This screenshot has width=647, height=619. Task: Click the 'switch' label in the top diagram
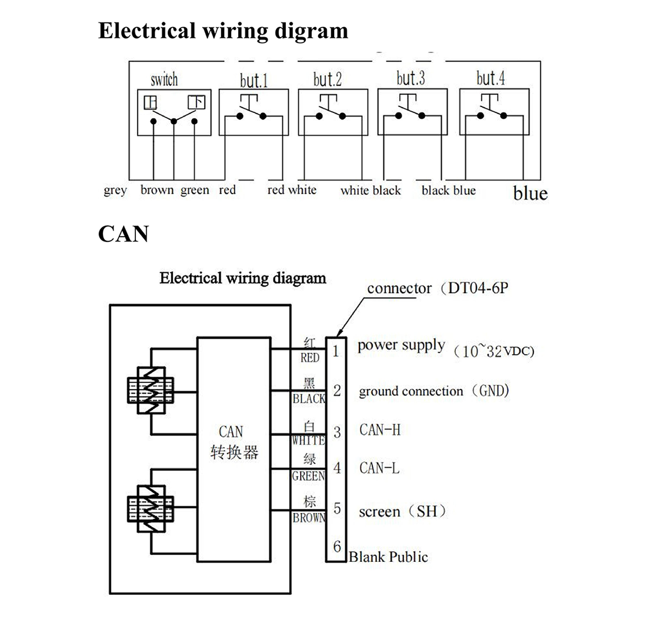tap(164, 79)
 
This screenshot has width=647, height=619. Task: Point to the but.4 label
tap(491, 78)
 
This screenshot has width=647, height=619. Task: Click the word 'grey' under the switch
tap(115, 191)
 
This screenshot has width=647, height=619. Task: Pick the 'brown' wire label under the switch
tap(157, 190)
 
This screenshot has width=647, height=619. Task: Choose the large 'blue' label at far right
tap(530, 193)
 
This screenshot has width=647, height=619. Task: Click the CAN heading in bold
tap(123, 234)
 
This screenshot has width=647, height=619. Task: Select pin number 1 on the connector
tap(336, 352)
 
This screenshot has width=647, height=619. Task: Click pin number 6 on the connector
tap(337, 547)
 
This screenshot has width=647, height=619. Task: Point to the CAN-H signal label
tap(380, 430)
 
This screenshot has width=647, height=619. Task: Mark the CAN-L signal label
tap(379, 468)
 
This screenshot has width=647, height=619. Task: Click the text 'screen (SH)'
tap(402, 511)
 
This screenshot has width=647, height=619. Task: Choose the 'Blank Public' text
tap(389, 557)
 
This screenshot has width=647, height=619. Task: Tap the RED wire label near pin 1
tap(310, 357)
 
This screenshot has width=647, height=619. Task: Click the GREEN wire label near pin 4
tap(308, 477)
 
